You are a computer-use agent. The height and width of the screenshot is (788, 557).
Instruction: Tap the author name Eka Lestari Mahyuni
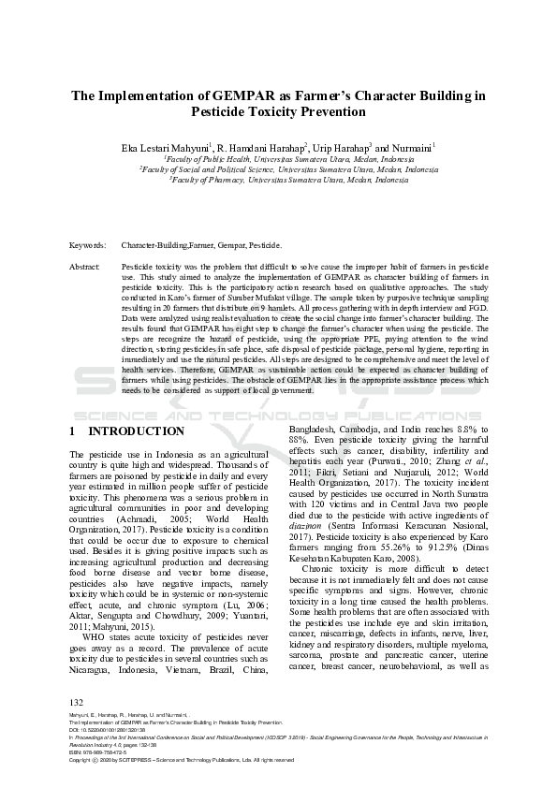164,149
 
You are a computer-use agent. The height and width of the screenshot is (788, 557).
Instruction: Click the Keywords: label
88,245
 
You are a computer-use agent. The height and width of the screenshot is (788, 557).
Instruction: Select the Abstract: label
85,267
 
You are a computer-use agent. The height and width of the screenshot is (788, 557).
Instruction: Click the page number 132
77,702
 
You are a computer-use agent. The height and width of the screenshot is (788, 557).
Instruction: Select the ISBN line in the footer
106,752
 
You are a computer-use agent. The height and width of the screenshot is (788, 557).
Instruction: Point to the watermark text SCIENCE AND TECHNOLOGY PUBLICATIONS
278,413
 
